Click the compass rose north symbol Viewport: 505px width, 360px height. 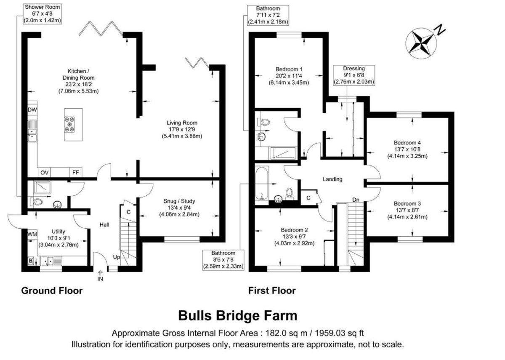click(421, 43)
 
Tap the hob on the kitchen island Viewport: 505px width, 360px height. click(69, 124)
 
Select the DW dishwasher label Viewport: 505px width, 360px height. click(32, 110)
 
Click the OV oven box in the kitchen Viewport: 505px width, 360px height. click(45, 173)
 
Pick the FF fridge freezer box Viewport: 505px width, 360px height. click(75, 173)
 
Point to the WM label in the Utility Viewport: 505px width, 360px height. click(32, 234)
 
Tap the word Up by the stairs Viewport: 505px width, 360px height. click(116, 257)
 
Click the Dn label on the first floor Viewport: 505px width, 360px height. click(356, 200)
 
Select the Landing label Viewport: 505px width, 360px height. click(332, 179)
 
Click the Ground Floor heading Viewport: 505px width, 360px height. click(52, 291)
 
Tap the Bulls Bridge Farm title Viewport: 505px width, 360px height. click(238, 315)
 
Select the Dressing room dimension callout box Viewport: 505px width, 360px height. click(354, 75)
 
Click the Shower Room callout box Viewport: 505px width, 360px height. click(42, 14)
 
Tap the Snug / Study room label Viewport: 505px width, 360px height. click(179, 201)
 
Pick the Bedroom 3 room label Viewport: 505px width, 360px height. click(407, 203)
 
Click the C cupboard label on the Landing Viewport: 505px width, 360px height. click(308, 198)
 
